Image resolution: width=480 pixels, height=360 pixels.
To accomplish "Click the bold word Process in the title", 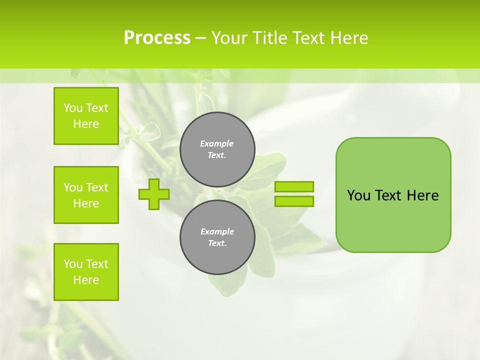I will click(157, 38).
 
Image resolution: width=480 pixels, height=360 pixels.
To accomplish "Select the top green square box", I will click(86, 116).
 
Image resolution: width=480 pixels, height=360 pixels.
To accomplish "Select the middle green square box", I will click(86, 195).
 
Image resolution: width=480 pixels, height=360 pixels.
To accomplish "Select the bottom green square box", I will click(86, 272).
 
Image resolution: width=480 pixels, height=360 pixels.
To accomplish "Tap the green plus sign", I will click(154, 194).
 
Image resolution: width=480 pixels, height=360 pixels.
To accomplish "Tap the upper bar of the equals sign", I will click(294, 186).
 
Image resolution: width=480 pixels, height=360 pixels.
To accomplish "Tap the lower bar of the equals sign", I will click(294, 201).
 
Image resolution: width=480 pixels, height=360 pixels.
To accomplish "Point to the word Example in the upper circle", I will click(216, 143).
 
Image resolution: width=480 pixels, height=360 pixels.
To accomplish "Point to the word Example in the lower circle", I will click(217, 231).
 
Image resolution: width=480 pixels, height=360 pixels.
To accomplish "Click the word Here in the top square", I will click(86, 124).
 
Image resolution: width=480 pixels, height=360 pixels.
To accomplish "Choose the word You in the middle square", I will click(72, 187).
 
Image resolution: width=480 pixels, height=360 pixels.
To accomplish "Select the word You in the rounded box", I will click(358, 195).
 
